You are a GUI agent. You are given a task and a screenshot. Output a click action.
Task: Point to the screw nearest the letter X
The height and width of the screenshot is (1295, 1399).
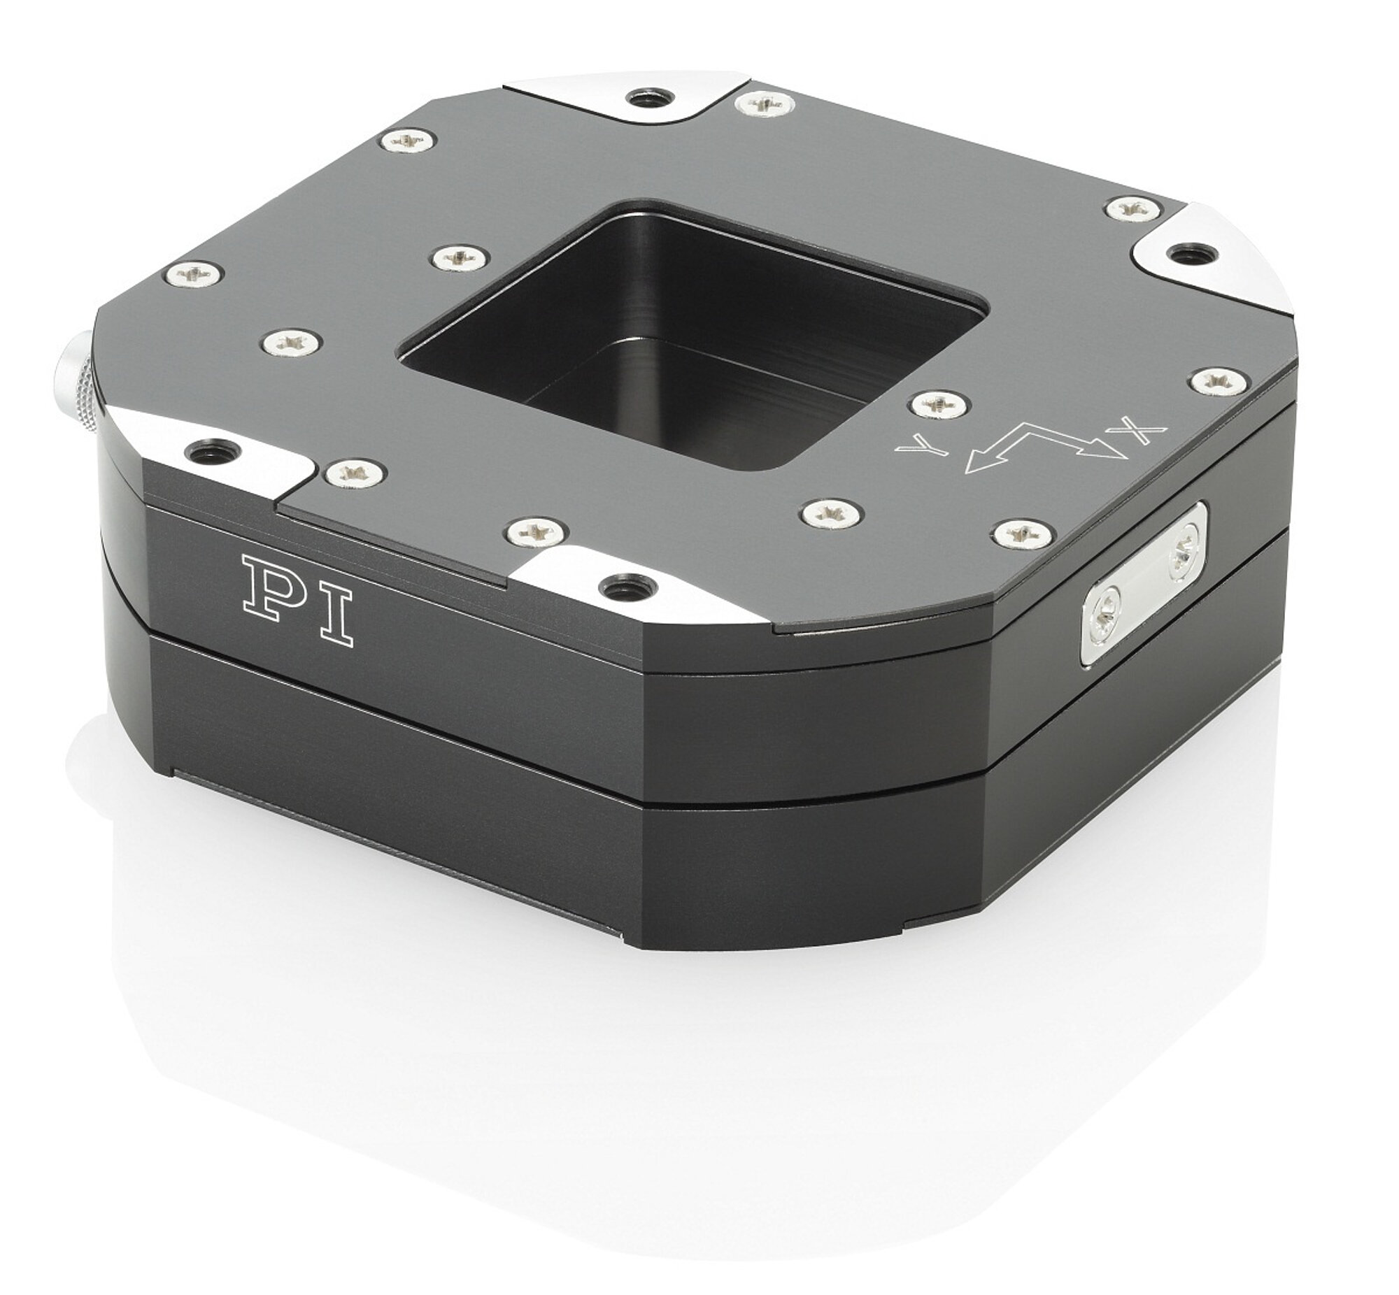(x=1221, y=382)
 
